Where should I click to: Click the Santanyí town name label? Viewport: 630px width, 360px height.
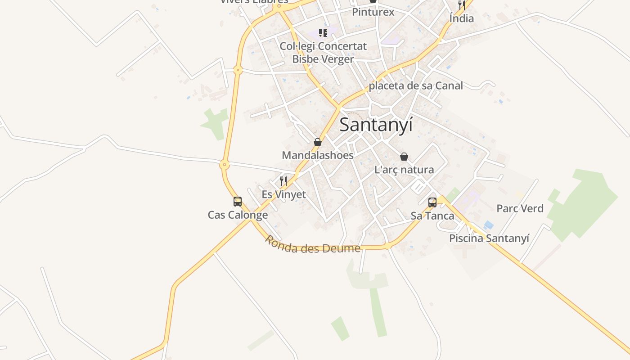tap(376, 125)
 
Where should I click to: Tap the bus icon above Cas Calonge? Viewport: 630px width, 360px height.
tap(238, 202)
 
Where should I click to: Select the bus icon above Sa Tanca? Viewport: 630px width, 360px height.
tap(432, 202)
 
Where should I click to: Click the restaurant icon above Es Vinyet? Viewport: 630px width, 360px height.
tap(283, 181)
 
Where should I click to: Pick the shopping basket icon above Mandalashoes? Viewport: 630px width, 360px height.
tap(318, 143)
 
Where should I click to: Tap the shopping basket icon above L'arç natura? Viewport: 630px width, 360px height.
tap(404, 157)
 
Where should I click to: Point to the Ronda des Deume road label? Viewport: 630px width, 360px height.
tap(312, 244)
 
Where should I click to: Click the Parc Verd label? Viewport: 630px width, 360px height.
tap(520, 208)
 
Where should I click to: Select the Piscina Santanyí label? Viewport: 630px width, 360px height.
tap(489, 238)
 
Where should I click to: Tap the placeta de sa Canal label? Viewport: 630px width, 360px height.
tap(416, 85)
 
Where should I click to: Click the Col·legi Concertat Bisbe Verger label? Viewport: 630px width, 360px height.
tap(323, 53)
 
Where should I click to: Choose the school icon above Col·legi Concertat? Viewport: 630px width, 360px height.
tap(323, 32)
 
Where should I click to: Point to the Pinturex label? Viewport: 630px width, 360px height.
tap(373, 12)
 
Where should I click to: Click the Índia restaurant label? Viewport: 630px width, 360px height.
tap(462, 18)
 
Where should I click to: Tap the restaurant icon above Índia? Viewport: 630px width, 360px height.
tap(462, 5)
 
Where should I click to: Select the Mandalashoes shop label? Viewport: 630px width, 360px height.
tap(318, 155)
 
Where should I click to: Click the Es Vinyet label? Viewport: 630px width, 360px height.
tap(283, 194)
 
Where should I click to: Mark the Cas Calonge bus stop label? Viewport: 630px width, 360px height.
tap(238, 215)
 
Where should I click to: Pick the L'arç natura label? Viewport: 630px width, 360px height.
tap(404, 170)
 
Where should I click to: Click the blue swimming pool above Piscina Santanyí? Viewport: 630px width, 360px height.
tap(489, 225)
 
